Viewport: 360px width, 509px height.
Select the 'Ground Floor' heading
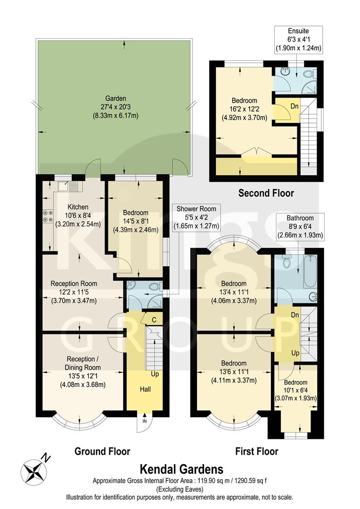(x=102, y=452)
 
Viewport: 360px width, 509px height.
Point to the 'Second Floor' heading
(x=266, y=193)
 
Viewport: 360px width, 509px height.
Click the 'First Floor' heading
(x=256, y=452)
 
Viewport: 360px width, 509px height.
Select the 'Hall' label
(x=145, y=389)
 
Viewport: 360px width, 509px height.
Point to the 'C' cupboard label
(x=154, y=320)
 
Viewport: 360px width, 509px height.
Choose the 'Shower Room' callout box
(x=196, y=217)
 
